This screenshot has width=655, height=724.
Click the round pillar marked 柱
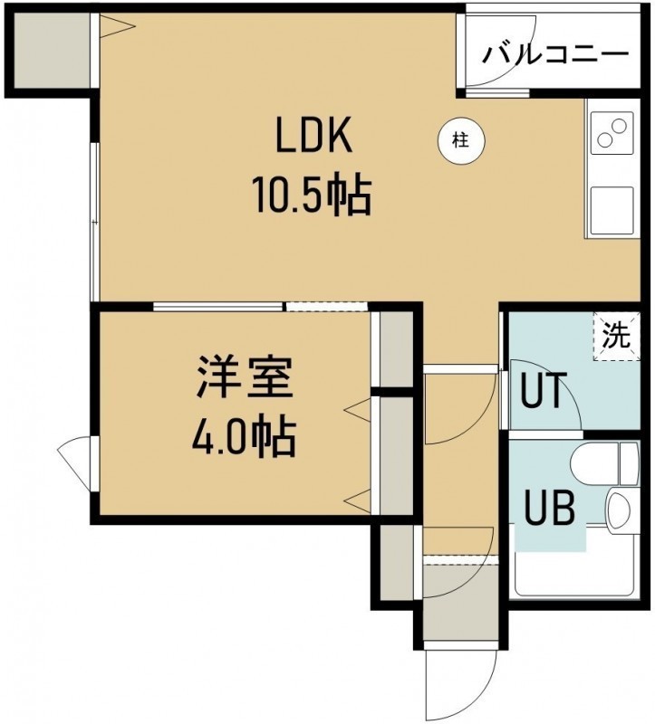click(461, 139)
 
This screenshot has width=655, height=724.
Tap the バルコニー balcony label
click(555, 55)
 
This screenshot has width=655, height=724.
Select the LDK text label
click(313, 136)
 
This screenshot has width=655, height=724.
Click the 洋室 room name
click(245, 377)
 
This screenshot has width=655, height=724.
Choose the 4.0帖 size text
click(244, 437)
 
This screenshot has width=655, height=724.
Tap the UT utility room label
click(543, 390)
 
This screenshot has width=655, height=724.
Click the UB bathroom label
click(550, 508)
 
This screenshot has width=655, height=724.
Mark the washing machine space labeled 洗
click(617, 336)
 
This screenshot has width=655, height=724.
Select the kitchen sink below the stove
click(612, 209)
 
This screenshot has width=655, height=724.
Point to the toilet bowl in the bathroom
click(594, 462)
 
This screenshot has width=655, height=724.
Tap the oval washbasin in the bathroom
click(618, 510)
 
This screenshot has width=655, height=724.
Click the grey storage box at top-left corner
click(50, 50)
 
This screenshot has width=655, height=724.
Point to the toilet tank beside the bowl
click(629, 462)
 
